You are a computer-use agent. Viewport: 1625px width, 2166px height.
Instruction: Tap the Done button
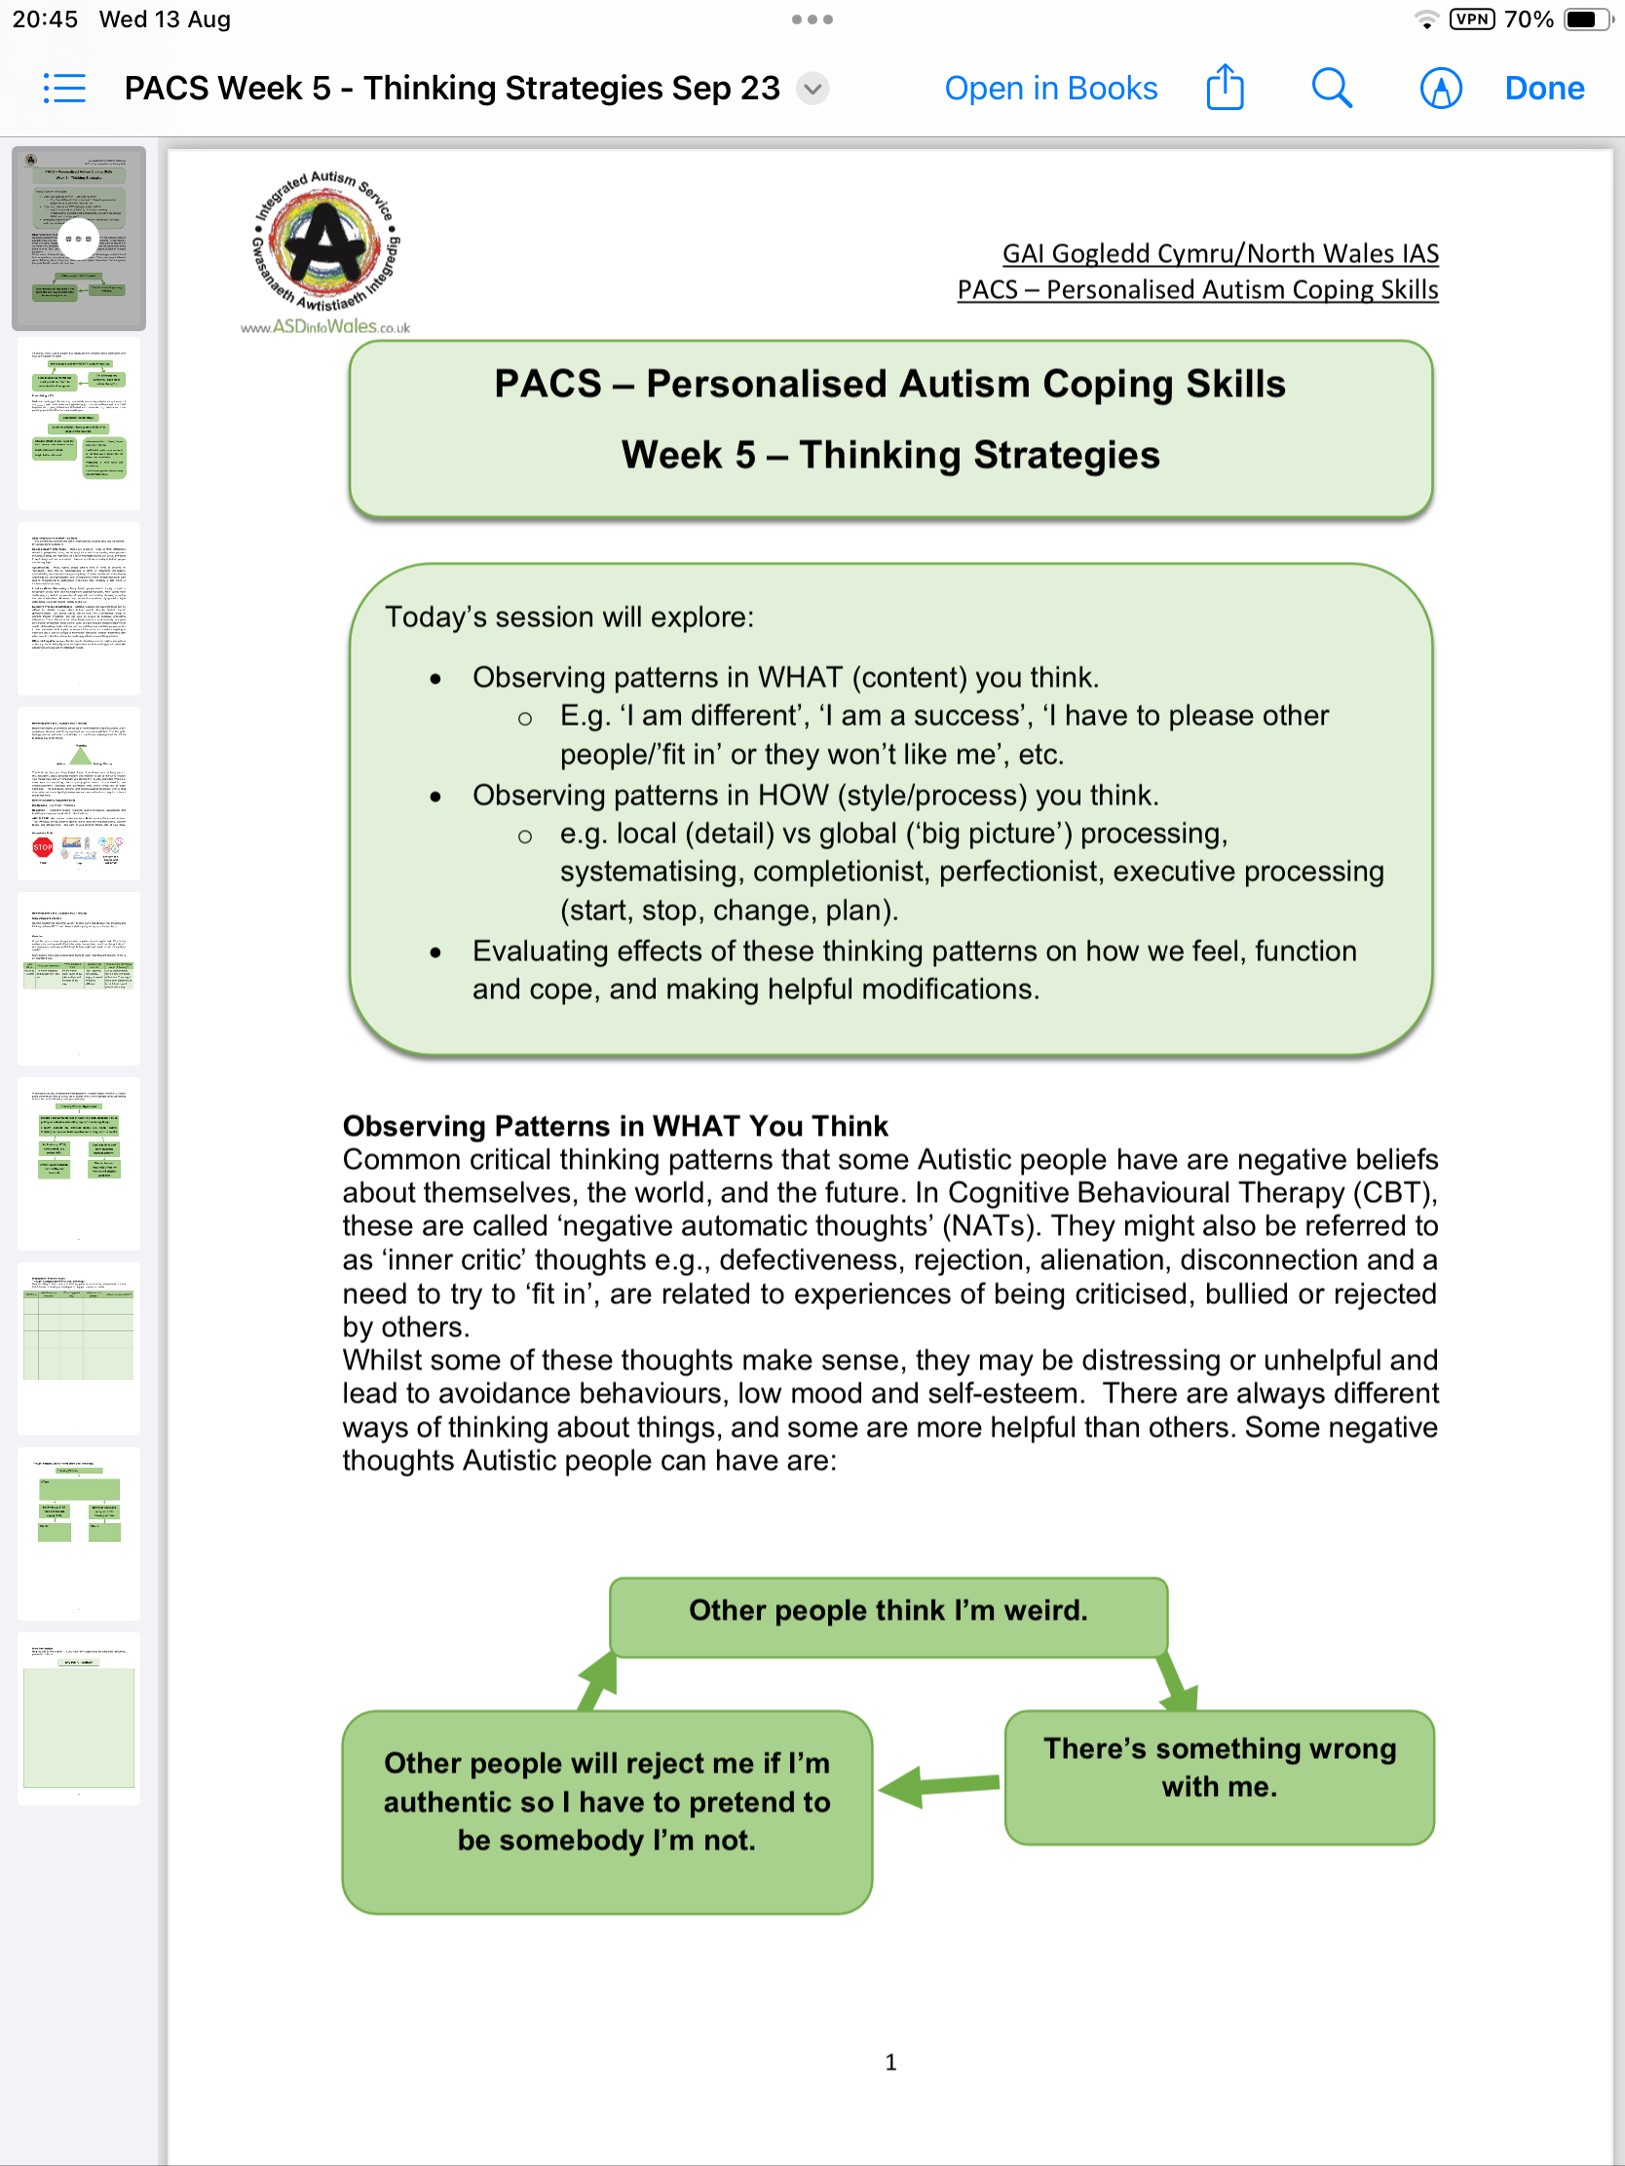pyautogui.click(x=1544, y=88)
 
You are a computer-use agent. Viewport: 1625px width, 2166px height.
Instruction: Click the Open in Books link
pyautogui.click(x=1050, y=88)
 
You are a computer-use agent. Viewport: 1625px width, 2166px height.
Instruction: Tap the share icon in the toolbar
pyautogui.click(x=1225, y=88)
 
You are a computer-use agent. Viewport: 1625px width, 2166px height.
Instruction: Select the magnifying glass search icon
pyautogui.click(x=1331, y=88)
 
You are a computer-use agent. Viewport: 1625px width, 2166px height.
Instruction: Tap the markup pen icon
pyautogui.click(x=1440, y=88)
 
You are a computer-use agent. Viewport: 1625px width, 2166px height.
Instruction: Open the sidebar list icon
pyautogui.click(x=64, y=88)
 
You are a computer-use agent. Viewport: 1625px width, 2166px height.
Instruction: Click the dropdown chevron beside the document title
pyautogui.click(x=812, y=89)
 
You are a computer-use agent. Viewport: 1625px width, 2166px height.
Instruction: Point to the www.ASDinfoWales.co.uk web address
pyautogui.click(x=325, y=327)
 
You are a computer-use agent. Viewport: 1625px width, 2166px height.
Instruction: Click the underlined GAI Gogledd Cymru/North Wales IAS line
pyautogui.click(x=1220, y=253)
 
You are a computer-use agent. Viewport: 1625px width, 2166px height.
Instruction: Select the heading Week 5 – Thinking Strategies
pyautogui.click(x=890, y=456)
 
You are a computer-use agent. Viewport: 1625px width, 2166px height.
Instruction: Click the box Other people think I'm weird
pyautogui.click(x=888, y=1611)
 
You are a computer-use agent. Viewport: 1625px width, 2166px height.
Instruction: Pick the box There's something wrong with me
pyautogui.click(x=1219, y=1769)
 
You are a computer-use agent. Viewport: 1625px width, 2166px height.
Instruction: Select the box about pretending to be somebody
pyautogui.click(x=606, y=1803)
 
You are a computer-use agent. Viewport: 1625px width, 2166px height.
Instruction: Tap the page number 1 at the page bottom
pyautogui.click(x=890, y=2063)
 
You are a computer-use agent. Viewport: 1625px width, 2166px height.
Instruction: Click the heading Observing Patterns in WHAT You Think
pyautogui.click(x=615, y=1126)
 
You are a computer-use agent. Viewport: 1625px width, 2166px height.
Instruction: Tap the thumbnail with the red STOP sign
pyautogui.click(x=78, y=793)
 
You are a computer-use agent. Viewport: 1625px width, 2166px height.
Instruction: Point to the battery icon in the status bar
pyautogui.click(x=1584, y=19)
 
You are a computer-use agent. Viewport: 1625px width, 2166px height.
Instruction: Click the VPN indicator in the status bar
pyautogui.click(x=1472, y=19)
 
